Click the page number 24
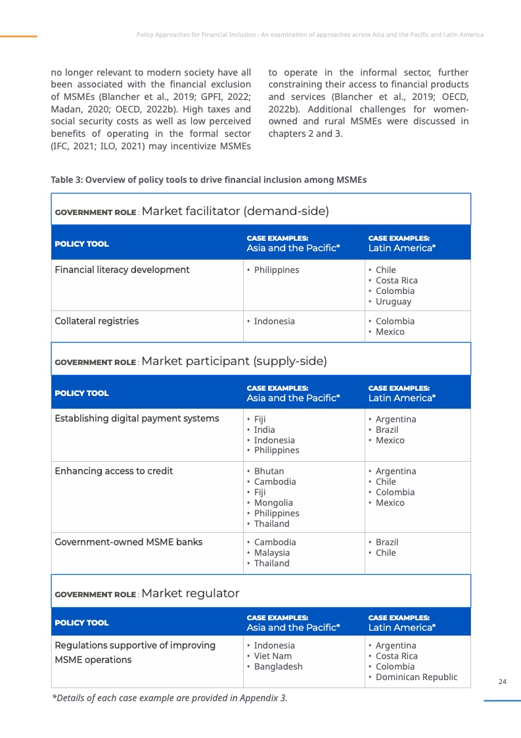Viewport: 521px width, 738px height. [x=503, y=681]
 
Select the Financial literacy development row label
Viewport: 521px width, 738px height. [x=122, y=270]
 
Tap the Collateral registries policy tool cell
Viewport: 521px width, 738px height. [x=97, y=321]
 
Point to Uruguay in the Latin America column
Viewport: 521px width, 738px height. [x=394, y=301]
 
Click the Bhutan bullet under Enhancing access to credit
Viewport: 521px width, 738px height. [x=269, y=471]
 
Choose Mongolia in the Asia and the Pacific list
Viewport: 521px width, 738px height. [x=273, y=503]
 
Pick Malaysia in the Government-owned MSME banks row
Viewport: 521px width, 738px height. [x=271, y=553]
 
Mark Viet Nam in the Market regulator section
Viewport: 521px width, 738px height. [x=273, y=656]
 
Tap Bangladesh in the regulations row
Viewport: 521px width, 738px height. [x=278, y=666]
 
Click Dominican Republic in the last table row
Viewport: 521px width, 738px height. [x=417, y=677]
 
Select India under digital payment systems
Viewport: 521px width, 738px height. [x=265, y=430]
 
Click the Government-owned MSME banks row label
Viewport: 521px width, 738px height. [x=128, y=542]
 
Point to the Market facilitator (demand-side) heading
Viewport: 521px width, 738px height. [x=235, y=211]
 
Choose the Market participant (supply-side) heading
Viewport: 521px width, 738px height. [x=234, y=361]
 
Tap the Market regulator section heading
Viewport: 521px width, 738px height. [x=190, y=593]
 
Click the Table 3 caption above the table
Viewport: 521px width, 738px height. [x=208, y=180]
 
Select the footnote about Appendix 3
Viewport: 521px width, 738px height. [x=170, y=698]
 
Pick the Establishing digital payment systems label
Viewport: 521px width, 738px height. [x=137, y=418]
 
